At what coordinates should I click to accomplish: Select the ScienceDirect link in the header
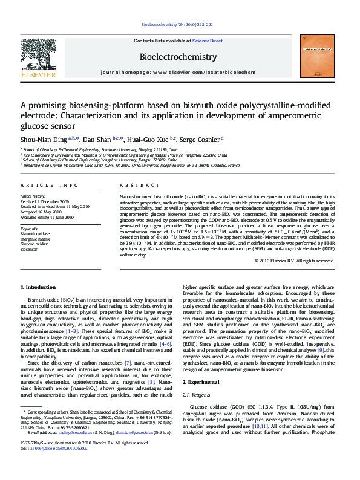(x=208, y=41)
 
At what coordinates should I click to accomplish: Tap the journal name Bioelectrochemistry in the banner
(x=178, y=57)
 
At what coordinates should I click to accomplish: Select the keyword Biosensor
(x=29, y=248)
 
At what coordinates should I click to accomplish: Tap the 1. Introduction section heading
(x=38, y=287)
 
